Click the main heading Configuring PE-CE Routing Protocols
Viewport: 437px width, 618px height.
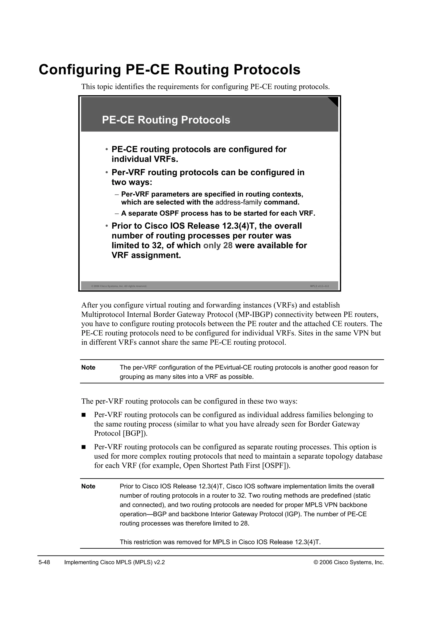click(169, 70)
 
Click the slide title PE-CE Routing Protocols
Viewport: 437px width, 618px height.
click(166, 120)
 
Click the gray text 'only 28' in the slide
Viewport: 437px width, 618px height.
click(218, 245)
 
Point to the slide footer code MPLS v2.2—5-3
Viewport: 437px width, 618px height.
click(319, 286)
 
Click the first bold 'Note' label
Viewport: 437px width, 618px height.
click(88, 368)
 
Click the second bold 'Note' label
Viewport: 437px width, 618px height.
click(88, 486)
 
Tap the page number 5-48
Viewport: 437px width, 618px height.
click(44, 563)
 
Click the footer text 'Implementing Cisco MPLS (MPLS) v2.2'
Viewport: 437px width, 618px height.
click(114, 563)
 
